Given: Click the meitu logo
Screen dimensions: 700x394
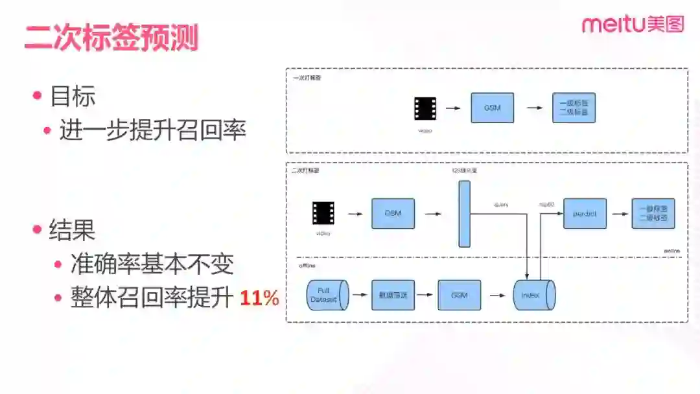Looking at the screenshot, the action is coord(633,25).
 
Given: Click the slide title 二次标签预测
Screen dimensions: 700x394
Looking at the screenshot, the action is coord(111,38).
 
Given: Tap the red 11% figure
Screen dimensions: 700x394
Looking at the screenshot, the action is coord(259,298).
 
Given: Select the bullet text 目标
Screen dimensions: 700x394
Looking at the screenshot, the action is coord(73,97).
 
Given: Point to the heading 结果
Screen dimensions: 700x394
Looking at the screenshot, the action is coord(73,230).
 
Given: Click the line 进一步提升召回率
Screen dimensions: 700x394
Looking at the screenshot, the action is coord(152,130).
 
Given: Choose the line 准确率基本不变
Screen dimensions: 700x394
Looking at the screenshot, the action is coord(152,264).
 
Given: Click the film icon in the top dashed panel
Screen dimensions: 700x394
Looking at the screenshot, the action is coord(425,108).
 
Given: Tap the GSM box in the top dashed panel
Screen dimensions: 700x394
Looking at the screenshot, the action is coord(492,108).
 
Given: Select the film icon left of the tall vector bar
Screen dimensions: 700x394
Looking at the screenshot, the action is coord(323,213).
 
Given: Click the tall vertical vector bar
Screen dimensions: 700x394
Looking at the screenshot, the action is coord(464,214).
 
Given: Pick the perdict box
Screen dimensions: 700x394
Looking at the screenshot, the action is coord(585,213).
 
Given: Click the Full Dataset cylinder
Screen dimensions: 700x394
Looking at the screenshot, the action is coord(326,295).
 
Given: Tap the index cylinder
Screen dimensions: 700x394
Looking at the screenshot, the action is coord(533,295).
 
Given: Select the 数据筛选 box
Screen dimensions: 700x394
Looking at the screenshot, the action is coord(393,295).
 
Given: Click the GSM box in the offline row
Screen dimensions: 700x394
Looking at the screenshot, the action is coord(460,295).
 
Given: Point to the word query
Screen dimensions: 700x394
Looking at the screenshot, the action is coord(501,205).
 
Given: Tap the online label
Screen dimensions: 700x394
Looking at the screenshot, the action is coord(671,250).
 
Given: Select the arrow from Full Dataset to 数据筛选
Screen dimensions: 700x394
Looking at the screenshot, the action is coord(360,295).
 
